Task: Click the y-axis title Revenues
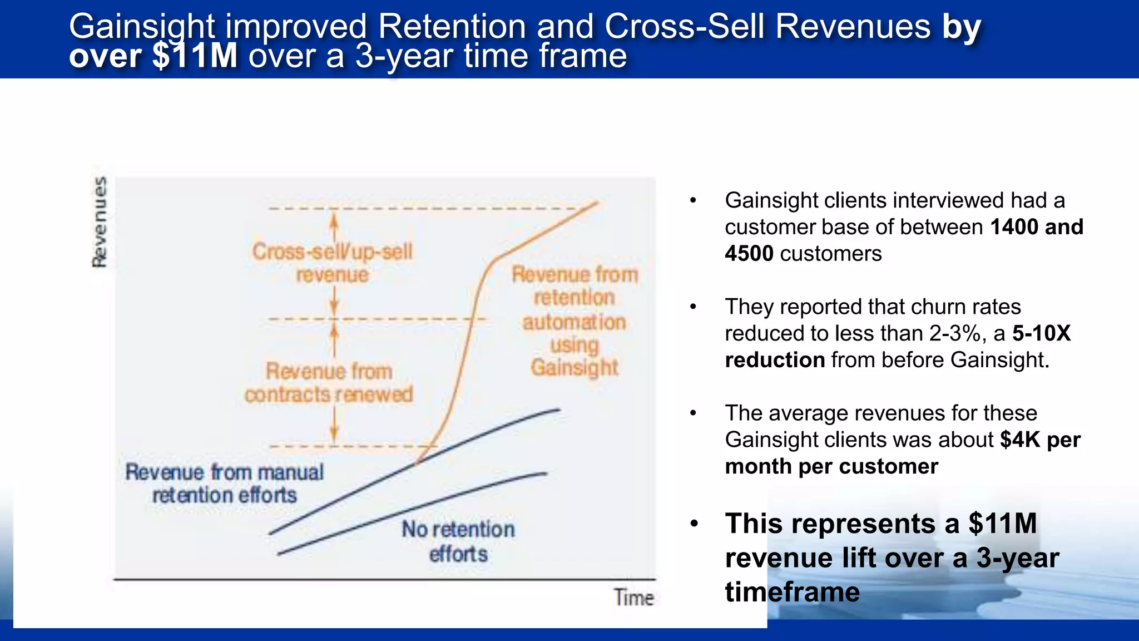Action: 100,221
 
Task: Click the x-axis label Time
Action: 633,598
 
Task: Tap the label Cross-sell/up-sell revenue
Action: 332,263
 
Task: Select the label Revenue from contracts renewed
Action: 329,383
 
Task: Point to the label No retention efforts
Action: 458,541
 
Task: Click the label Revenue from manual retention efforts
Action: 224,484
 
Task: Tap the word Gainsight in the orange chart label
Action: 574,367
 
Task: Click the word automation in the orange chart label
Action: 574,322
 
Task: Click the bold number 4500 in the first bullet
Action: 749,254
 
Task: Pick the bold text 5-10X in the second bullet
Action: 1041,333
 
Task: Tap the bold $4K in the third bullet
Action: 1019,440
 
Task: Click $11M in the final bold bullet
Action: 1002,524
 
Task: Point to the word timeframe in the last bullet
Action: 792,591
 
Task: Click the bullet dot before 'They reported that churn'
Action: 693,307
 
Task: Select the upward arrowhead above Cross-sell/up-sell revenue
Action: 334,220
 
